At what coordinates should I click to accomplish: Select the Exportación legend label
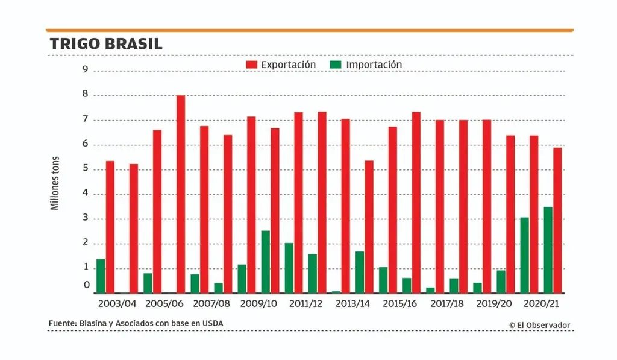(288, 65)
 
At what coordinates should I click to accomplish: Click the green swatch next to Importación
(336, 65)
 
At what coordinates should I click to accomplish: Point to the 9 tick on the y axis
(86, 70)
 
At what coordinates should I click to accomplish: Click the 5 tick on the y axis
(86, 169)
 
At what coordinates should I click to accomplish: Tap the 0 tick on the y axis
(87, 285)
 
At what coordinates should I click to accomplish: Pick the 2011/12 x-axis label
(306, 304)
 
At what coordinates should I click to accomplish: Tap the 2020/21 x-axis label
(542, 304)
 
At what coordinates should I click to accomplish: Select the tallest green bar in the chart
(548, 250)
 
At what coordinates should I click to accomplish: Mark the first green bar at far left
(101, 276)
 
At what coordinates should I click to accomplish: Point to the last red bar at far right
(558, 221)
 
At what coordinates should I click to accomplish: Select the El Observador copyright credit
(539, 326)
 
